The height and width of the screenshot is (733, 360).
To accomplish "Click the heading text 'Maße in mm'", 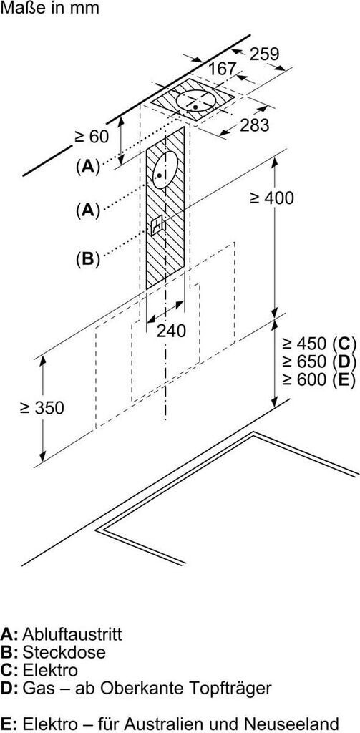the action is click(49, 9).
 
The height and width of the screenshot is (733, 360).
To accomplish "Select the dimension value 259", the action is click(264, 54).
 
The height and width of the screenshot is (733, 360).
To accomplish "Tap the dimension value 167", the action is click(222, 69).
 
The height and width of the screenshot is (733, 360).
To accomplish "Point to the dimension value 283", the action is click(255, 125).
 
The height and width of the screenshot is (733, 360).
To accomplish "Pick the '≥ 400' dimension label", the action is click(272, 198).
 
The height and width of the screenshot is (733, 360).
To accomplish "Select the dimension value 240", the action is click(171, 331).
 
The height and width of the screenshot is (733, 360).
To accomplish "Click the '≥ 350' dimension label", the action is click(42, 408).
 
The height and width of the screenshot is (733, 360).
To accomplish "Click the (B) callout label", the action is click(88, 259).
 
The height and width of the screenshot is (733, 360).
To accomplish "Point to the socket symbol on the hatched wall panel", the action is click(157, 225).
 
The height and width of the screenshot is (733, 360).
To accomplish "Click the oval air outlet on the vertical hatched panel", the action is click(165, 170).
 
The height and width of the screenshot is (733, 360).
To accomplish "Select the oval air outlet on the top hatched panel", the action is click(195, 100).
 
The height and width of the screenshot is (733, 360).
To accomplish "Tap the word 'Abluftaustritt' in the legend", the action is click(72, 634).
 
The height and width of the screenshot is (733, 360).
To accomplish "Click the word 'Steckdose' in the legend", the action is click(64, 652).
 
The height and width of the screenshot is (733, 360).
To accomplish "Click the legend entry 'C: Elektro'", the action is click(39, 670).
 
